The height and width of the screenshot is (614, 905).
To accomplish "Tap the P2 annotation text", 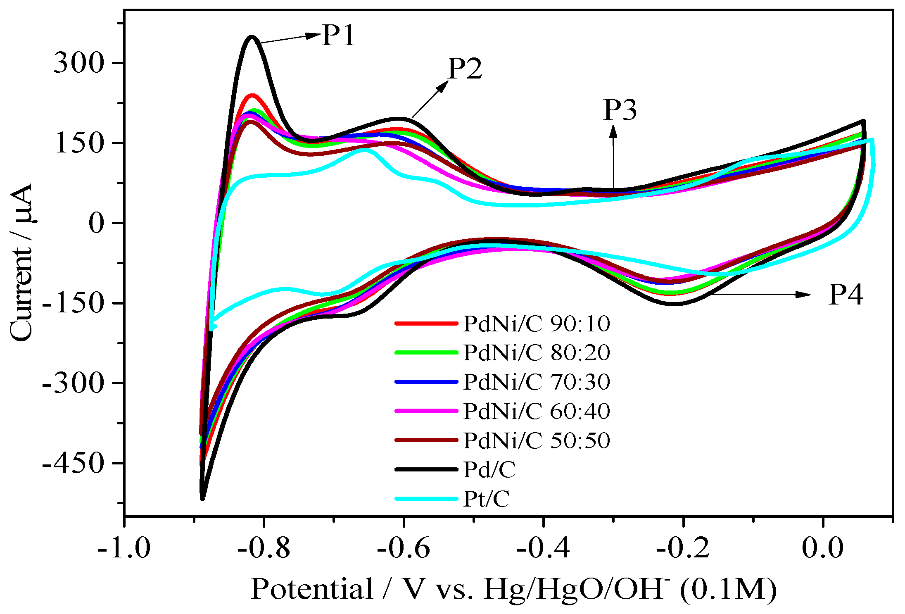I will click(x=465, y=69).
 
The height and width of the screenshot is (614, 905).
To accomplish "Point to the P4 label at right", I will click(x=846, y=295).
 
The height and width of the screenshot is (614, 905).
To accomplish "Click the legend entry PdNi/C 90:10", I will click(x=536, y=324).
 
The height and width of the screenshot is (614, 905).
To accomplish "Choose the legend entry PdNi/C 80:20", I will click(x=536, y=353).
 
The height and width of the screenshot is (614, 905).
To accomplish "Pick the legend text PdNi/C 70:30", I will click(x=536, y=382).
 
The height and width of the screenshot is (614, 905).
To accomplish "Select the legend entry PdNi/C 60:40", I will click(x=536, y=411).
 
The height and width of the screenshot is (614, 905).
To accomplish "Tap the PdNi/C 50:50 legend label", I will click(x=536, y=440).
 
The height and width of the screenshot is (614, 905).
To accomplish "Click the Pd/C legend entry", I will click(x=489, y=470).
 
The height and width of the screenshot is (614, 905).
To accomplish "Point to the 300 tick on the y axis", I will click(x=78, y=63).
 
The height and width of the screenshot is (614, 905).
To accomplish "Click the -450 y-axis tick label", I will click(x=73, y=463).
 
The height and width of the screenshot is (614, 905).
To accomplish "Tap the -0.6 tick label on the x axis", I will click(x=404, y=548).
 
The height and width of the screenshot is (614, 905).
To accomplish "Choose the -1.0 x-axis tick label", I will click(x=124, y=548).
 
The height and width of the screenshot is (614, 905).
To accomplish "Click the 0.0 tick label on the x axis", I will click(x=823, y=548).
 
